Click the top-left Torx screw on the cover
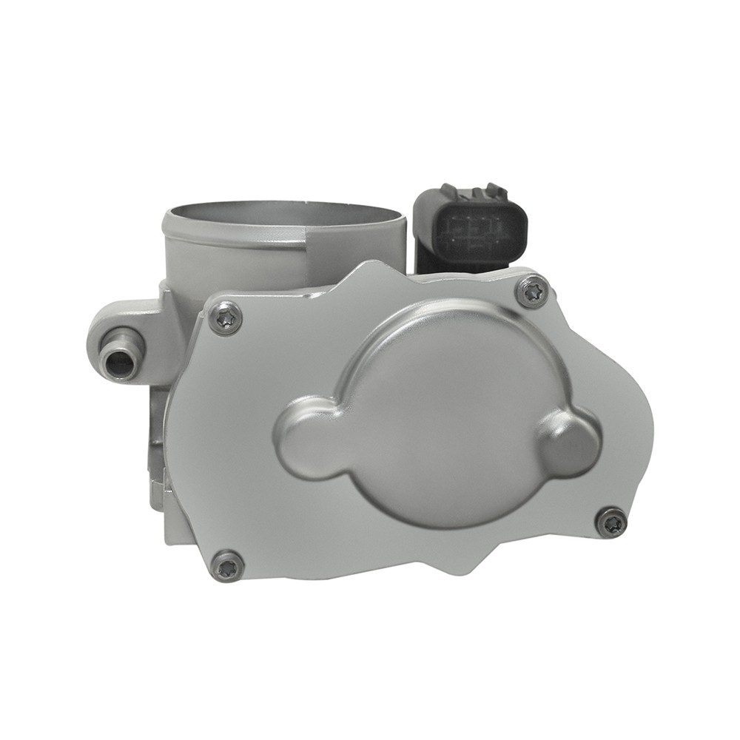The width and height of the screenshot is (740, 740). coord(225,318)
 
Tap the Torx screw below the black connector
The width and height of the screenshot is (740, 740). coord(532,291)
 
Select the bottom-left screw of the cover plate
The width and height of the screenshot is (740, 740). coord(227,566)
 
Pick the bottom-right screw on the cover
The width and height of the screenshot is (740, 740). coord(611,522)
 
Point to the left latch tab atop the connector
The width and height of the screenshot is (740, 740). coord(449,190)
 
